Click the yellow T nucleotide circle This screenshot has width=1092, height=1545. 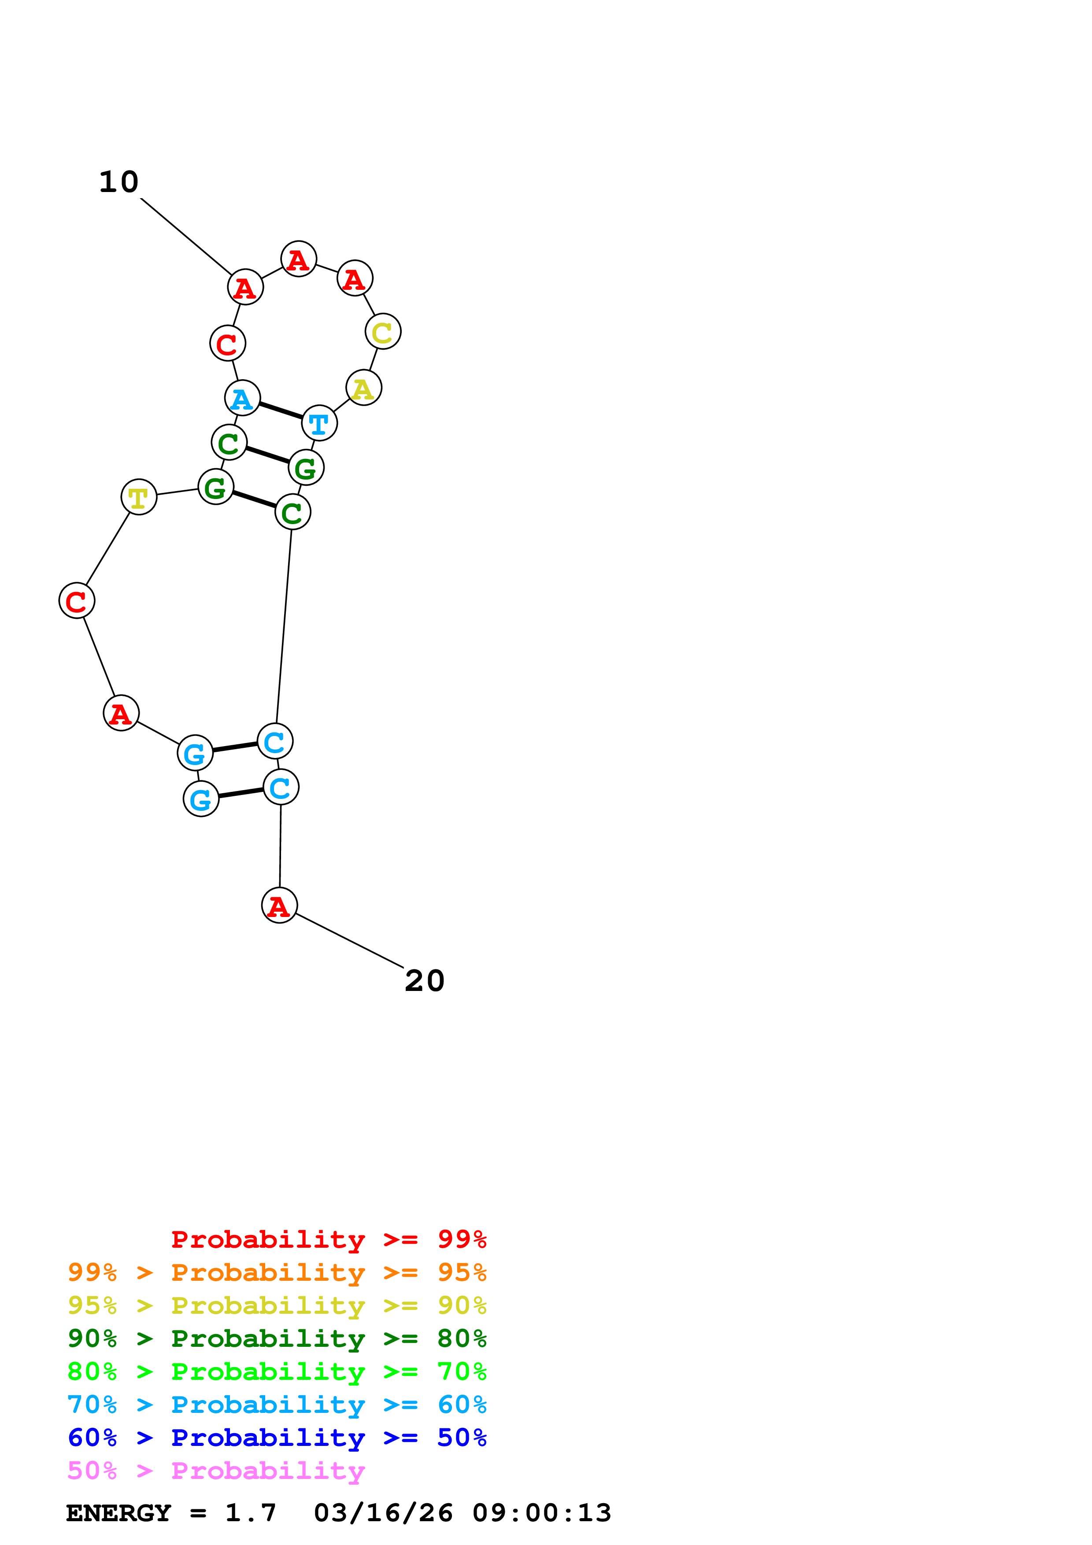click(139, 497)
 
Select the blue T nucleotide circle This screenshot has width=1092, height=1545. click(319, 423)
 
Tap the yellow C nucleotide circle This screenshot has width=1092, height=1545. click(383, 332)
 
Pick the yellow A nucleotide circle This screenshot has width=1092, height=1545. click(363, 388)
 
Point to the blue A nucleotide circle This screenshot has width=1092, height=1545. click(242, 399)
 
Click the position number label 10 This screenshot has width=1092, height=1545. click(119, 182)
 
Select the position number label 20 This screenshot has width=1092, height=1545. click(425, 981)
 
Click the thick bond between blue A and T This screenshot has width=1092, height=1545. click(281, 410)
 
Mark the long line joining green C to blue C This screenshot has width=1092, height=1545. click(284, 626)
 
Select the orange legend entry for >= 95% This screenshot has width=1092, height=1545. click(277, 1272)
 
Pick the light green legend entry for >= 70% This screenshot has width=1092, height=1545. click(277, 1371)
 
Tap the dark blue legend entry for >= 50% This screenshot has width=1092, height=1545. click(277, 1438)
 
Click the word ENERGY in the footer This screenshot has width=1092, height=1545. click(118, 1513)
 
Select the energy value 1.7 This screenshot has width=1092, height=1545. click(250, 1513)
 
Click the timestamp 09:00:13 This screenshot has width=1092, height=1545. click(542, 1513)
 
